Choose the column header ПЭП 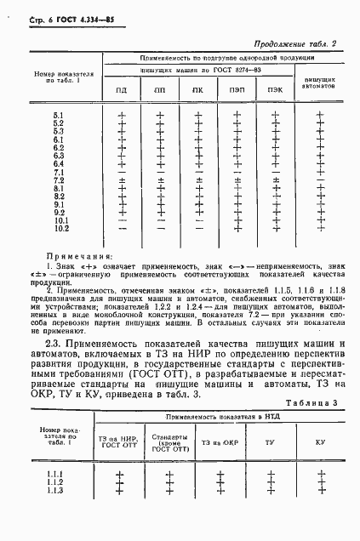click(236, 90)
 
